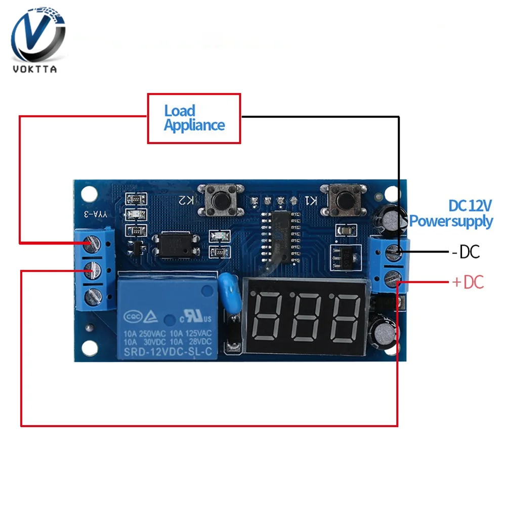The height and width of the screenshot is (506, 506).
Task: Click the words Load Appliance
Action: pos(194,118)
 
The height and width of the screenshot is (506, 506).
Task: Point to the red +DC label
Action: pos(468,282)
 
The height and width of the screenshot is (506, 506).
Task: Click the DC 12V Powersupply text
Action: pos(451,214)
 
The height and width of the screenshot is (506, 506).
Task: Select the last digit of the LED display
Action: pos(344,317)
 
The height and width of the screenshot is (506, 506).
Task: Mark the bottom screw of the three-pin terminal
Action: pos(92,295)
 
